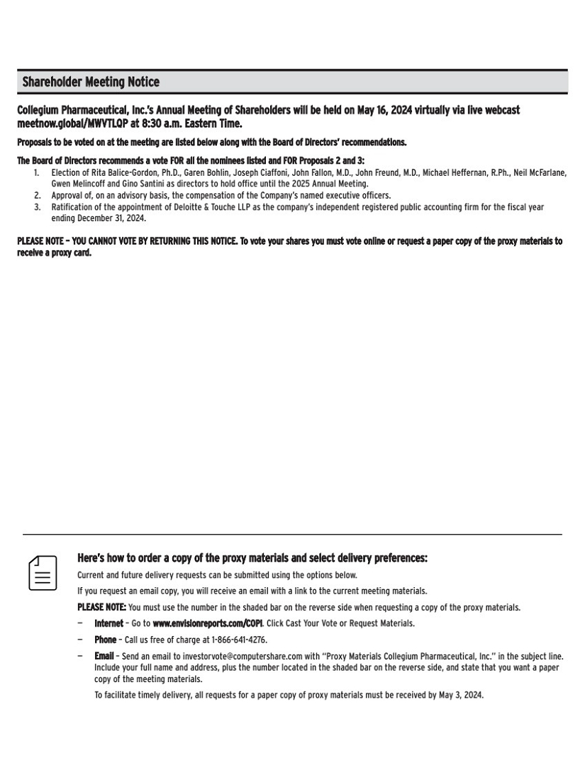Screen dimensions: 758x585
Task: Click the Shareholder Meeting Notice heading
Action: pyautogui.click(x=91, y=82)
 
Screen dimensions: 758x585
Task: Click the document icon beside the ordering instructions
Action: pyautogui.click(x=43, y=573)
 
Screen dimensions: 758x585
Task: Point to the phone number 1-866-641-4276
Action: pyautogui.click(x=239, y=640)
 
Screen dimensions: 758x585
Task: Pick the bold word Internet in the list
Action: pyautogui.click(x=108, y=623)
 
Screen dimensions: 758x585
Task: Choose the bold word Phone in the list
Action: pyautogui.click(x=105, y=640)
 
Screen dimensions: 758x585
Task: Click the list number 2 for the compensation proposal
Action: pyautogui.click(x=38, y=196)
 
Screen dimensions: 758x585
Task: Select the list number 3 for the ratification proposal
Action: pyautogui.click(x=38, y=208)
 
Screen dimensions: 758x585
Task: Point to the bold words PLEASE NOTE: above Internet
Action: pyautogui.click(x=101, y=607)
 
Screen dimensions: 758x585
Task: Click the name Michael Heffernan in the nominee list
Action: pyautogui.click(x=453, y=173)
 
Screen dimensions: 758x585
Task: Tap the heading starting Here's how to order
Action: pyautogui.click(x=252, y=559)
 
